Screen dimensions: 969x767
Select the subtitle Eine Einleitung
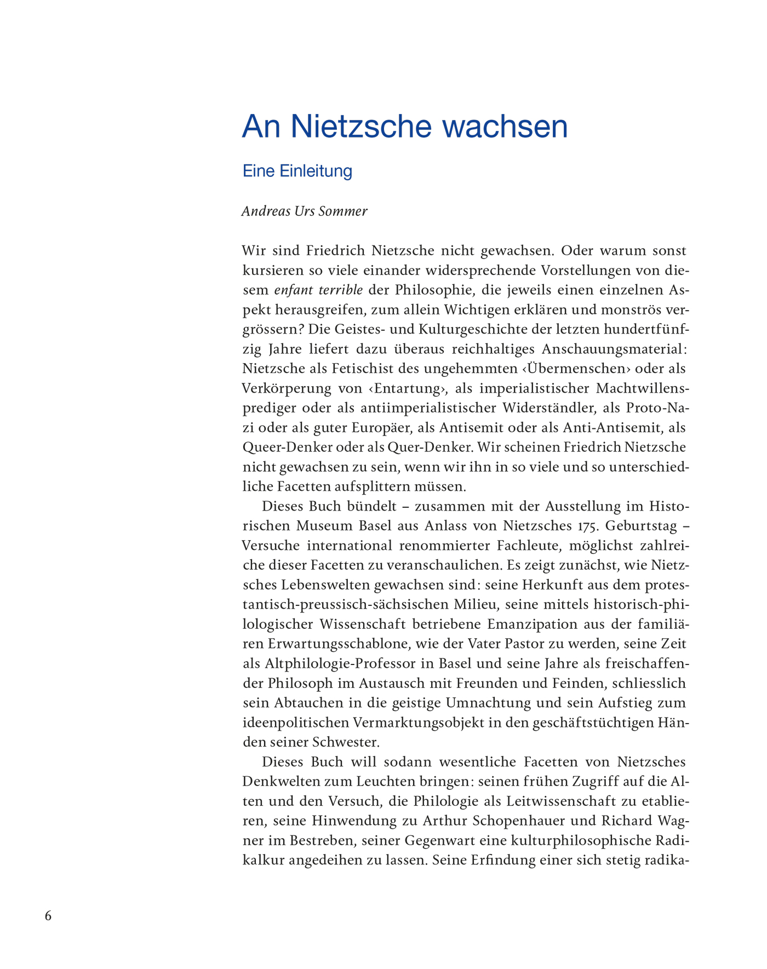click(x=297, y=171)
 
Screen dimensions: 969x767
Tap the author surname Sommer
click(x=345, y=211)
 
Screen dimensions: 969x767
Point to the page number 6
click(x=48, y=916)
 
